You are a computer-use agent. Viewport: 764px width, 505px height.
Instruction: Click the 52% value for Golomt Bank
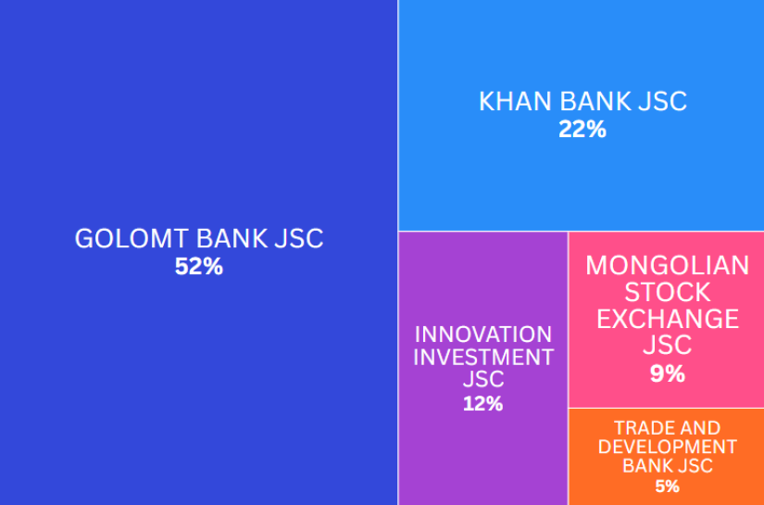199,267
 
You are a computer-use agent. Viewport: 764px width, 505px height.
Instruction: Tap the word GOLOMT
132,239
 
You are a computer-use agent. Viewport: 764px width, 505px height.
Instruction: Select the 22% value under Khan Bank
582,130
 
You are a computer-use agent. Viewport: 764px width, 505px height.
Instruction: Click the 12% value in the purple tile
482,404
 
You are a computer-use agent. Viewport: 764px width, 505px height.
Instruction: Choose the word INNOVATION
483,335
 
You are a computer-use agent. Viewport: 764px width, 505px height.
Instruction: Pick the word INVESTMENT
483,358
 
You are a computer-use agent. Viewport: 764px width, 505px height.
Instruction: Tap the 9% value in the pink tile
668,373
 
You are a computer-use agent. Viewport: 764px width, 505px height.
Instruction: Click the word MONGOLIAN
668,266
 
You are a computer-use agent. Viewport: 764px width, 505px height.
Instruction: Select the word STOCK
668,293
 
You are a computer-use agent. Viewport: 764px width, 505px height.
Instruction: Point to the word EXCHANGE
668,319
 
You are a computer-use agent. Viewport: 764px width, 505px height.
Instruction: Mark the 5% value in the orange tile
668,486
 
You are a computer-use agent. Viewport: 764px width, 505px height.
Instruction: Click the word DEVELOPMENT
668,447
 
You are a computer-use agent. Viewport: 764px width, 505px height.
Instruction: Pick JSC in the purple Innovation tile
483,380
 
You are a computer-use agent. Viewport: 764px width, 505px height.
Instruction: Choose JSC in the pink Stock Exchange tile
668,345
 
